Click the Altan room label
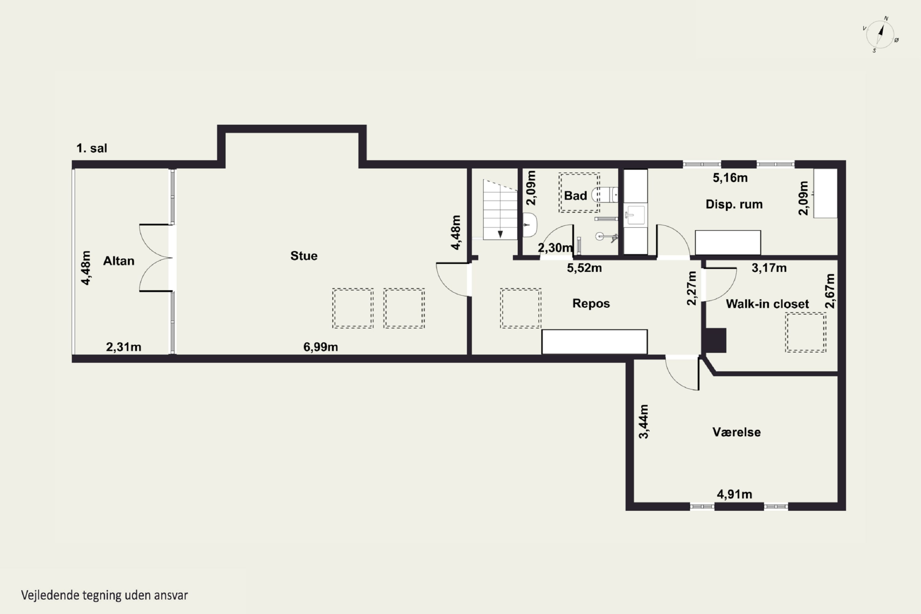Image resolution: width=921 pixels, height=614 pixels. click(119, 261)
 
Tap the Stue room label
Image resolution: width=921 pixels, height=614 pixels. click(304, 256)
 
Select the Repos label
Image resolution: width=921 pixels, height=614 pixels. click(591, 304)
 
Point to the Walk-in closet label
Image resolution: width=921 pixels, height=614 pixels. click(767, 304)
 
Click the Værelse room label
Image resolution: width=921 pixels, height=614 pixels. click(736, 432)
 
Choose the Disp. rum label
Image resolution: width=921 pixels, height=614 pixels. click(734, 204)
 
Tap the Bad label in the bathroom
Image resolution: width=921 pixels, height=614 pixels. click(575, 195)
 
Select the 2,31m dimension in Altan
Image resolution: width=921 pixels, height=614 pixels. click(124, 347)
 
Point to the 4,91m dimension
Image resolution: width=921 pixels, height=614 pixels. click(734, 494)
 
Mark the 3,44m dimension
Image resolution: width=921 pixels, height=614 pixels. click(643, 421)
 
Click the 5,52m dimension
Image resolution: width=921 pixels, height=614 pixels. click(584, 268)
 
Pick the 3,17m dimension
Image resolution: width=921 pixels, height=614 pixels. click(769, 268)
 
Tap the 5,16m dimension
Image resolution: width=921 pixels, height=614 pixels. click(730, 178)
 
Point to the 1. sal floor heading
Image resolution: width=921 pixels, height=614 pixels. click(91, 148)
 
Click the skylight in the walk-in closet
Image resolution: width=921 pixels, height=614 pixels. click(806, 332)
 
